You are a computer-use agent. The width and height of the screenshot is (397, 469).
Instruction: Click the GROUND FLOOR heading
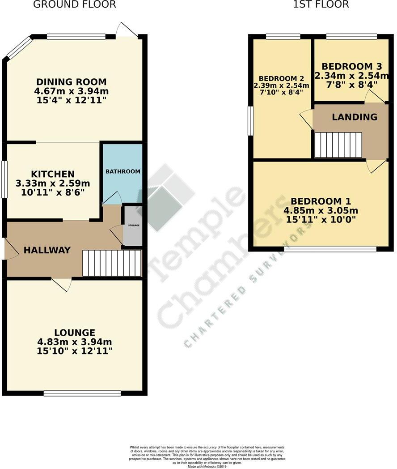coord(75,5)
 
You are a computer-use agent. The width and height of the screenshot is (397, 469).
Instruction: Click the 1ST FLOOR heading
coord(321,5)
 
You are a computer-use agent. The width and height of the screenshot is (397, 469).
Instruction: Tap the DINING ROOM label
coord(72,82)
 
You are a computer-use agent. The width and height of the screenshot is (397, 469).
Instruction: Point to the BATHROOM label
coord(123,171)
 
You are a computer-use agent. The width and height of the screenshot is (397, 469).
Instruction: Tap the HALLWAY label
coord(47,250)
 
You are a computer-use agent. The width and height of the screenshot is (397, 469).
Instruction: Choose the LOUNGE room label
coord(75,333)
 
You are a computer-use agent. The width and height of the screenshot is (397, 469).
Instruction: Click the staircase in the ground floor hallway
coord(112,263)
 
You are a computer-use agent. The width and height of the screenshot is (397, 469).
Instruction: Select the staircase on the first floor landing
coord(338,145)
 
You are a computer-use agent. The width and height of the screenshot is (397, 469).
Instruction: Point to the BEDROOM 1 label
coord(321,201)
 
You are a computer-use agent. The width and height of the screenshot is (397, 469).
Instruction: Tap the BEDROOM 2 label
coord(281,77)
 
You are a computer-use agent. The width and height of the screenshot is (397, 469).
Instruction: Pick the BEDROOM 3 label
coord(347,66)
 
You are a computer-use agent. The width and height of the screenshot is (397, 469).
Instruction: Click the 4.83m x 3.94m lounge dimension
coord(75,342)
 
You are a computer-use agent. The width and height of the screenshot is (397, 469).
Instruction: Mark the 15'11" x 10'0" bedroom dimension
coord(321,220)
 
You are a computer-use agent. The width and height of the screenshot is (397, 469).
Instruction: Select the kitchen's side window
coord(4,179)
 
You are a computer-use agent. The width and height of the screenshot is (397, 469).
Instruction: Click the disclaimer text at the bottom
coord(207,456)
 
